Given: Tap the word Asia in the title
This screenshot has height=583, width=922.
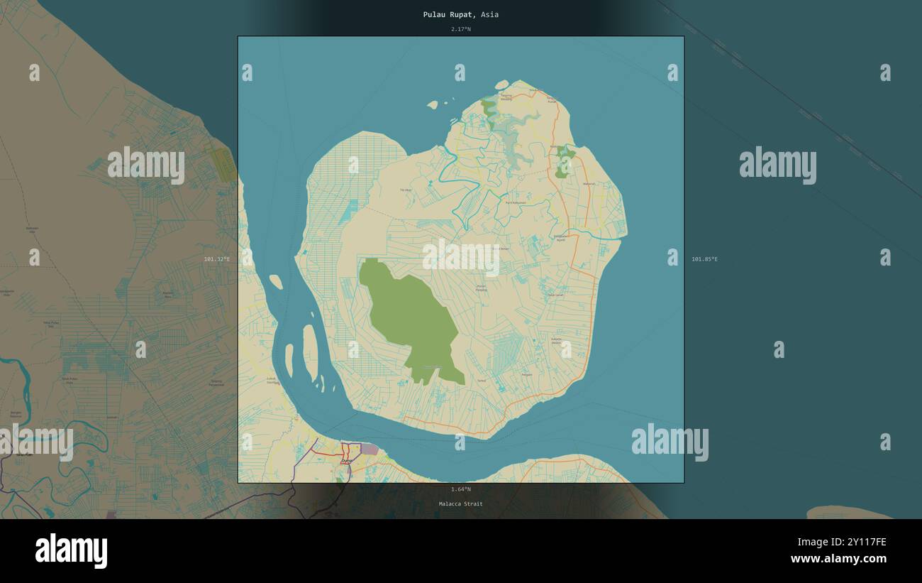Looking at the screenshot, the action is tap(489, 14).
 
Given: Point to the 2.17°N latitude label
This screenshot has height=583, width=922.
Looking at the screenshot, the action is tap(460, 29).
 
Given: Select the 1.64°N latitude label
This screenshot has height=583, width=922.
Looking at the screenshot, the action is tap(460, 489).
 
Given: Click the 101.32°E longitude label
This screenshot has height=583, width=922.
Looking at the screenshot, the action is tap(216, 259).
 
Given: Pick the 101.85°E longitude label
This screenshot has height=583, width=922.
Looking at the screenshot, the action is tap(704, 259).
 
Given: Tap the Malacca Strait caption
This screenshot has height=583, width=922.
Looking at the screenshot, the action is tap(460, 504).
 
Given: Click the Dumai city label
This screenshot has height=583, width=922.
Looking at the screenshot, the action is tap(347, 461).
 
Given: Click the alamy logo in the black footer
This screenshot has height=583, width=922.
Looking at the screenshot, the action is tap(71, 551).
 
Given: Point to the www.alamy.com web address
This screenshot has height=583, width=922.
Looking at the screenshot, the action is tap(838, 559).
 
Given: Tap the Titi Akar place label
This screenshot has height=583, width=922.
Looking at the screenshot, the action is tap(406, 190).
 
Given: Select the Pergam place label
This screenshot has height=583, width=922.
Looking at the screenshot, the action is tap(527, 374).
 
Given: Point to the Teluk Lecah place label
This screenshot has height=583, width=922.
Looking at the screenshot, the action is tap(555, 295).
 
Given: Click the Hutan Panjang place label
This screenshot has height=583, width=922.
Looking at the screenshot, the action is tap(481, 288).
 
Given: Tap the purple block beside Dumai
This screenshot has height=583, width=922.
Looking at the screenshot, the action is tap(370, 449).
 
